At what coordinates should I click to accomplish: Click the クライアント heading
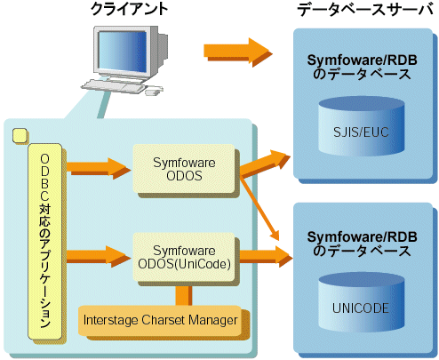click(x=130, y=9)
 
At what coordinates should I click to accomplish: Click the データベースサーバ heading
click(x=365, y=10)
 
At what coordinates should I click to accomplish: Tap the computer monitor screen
click(x=122, y=52)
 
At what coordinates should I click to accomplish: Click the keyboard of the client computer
click(x=113, y=86)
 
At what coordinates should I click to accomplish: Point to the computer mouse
click(x=154, y=91)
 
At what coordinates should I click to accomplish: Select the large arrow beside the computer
click(x=238, y=52)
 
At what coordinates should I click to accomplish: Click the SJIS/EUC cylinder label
click(x=361, y=132)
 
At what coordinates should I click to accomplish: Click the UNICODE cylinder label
click(x=361, y=308)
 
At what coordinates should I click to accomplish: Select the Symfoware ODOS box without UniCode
click(x=184, y=169)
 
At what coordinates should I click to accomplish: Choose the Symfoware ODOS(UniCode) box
click(x=184, y=257)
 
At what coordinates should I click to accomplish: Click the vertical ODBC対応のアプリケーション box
click(x=45, y=242)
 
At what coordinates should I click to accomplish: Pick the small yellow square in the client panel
click(x=20, y=135)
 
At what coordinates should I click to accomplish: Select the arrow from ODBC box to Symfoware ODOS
click(x=99, y=168)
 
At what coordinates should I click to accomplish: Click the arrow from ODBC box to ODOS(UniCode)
click(x=99, y=257)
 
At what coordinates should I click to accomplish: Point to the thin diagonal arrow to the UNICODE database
click(x=260, y=209)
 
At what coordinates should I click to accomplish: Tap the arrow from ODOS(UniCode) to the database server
click(x=266, y=257)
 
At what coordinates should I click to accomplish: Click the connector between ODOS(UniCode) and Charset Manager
click(x=184, y=296)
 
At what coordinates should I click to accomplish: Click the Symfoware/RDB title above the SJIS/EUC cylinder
click(x=362, y=67)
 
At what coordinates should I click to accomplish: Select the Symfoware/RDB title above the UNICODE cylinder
click(x=362, y=244)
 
